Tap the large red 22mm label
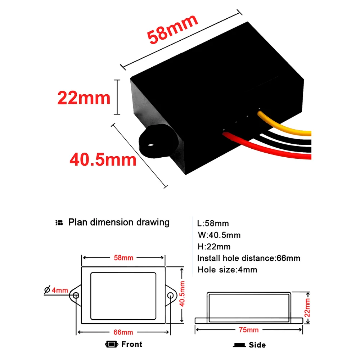click(84, 98)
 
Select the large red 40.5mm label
click(103, 159)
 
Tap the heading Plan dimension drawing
click(119, 222)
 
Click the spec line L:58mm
click(213, 224)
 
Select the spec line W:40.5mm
click(219, 235)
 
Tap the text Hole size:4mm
click(227, 270)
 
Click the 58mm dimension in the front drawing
click(123, 258)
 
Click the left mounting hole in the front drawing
click(76, 296)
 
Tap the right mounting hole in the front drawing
click(171, 296)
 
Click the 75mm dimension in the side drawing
click(249, 330)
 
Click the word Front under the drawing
click(132, 344)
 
